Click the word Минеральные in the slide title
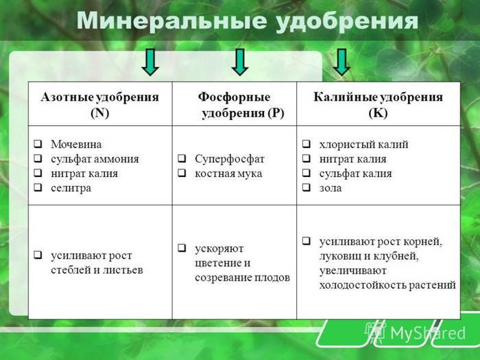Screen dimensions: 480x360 point(171,21)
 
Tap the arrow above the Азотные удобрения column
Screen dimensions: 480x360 point(150,62)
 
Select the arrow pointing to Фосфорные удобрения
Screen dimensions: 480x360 point(240,62)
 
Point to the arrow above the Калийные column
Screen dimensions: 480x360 point(341,62)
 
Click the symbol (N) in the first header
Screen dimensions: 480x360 point(100,113)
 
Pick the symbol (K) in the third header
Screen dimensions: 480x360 point(378,113)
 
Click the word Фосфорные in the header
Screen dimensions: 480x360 point(235,97)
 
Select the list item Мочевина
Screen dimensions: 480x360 point(76,144)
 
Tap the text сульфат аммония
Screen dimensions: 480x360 point(95,159)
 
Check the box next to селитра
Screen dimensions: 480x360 point(38,187)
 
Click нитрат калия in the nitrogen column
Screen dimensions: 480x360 point(84,173)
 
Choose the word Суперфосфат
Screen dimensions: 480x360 point(230,159)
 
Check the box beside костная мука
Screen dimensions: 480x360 point(182,173)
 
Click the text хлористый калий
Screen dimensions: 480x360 point(363,144)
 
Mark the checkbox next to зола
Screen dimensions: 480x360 point(307,187)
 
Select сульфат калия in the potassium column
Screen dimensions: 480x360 point(355,173)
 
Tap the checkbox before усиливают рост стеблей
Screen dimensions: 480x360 point(38,254)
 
